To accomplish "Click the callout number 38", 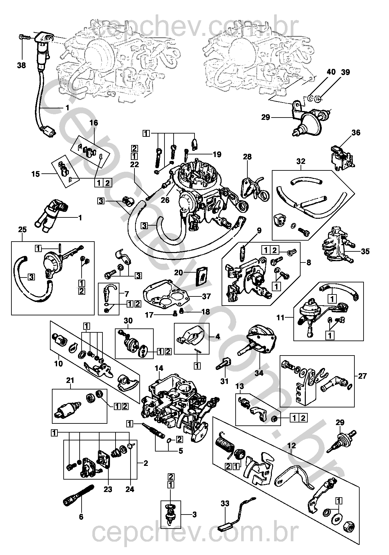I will click(x=22, y=65).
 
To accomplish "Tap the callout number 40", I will click(x=331, y=72).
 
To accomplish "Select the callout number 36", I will click(x=356, y=133).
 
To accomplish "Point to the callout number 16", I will click(x=94, y=123).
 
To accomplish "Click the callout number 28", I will click(x=247, y=157).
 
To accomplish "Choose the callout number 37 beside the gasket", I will click(x=207, y=296).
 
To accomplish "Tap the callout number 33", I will click(x=225, y=503).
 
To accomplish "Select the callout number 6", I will click(x=81, y=517).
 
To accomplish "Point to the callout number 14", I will click(x=159, y=368).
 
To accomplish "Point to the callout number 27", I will click(x=362, y=376).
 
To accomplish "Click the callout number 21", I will click(x=70, y=380).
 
